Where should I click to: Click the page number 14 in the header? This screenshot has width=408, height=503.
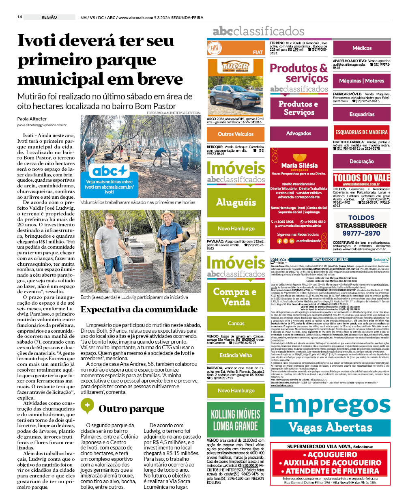click(19, 17)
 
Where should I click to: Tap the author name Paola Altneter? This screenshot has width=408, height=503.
click(32, 119)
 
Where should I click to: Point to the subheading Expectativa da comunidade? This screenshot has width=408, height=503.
click(139, 310)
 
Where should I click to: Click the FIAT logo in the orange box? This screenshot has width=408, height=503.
click(215, 48)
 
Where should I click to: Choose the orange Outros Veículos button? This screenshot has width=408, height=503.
click(236, 133)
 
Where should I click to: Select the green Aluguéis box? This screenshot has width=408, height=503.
click(236, 202)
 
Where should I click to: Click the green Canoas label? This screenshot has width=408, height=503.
click(236, 323)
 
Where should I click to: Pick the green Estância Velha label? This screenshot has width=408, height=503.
click(236, 355)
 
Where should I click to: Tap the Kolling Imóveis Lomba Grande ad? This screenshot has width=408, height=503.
click(236, 420)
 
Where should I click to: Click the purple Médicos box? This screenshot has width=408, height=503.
click(362, 48)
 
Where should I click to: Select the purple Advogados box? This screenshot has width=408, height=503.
click(298, 133)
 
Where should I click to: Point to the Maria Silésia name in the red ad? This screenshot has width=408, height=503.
click(299, 166)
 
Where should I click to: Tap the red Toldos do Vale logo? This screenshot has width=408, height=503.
click(361, 178)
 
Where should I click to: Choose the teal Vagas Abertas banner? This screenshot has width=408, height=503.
click(330, 427)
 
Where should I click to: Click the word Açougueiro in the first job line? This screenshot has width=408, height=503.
click(332, 455)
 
